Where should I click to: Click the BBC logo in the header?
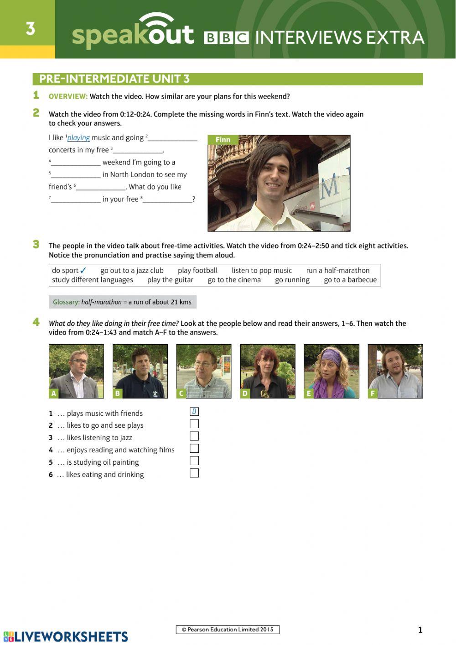coord(226,38)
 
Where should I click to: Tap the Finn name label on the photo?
coord(223,140)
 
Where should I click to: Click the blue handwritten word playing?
coord(78,138)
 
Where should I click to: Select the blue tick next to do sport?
coord(83,270)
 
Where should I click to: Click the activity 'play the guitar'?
coord(171,280)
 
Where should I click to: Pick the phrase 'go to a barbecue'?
coord(350,280)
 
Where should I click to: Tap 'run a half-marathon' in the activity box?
coord(338,270)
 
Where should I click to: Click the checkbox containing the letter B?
coord(194,411)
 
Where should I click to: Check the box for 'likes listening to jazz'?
coord(194,436)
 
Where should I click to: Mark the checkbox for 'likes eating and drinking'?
coord(194,473)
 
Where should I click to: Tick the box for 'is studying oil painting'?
coord(194,461)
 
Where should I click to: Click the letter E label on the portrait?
coord(308,393)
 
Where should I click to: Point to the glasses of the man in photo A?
coord(79,361)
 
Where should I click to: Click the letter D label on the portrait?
coord(245,393)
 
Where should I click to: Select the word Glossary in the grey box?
coord(66,302)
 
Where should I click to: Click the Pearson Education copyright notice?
coord(228,629)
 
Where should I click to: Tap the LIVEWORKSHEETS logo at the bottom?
coord(66,637)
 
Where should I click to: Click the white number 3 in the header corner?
coord(31,29)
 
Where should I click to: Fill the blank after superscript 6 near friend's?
coord(101,188)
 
